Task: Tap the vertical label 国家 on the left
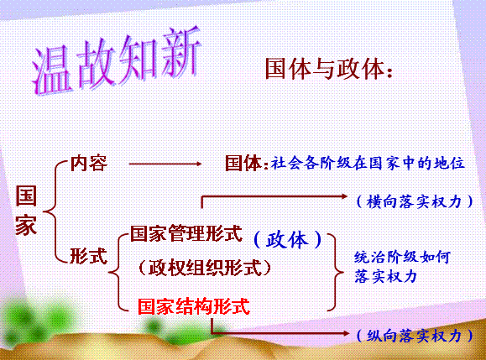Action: point(26,210)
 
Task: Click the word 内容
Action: point(89,163)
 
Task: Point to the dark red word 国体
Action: point(243,163)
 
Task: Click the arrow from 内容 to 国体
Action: point(165,164)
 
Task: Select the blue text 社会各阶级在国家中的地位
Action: point(368,163)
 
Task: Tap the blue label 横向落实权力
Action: point(414,201)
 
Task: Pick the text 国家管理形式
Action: point(186,233)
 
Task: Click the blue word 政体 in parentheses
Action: point(287,240)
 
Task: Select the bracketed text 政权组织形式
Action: point(205,267)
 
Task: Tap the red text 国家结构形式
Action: point(194,306)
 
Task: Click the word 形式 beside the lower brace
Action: point(88,256)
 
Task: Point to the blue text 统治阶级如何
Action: point(402,257)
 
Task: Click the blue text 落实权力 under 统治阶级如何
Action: point(385,276)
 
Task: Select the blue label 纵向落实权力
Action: point(414,336)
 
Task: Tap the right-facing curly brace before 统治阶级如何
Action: point(336,273)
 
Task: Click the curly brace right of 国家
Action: point(55,212)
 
